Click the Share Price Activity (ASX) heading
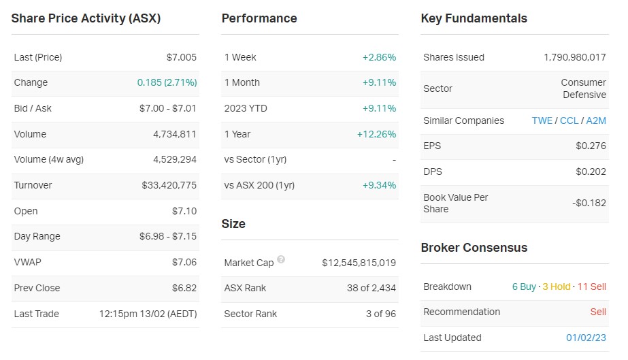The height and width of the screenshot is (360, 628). [x=86, y=18]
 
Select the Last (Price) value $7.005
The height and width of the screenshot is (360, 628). [x=181, y=57]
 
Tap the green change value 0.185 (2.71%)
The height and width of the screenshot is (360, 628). [x=167, y=82]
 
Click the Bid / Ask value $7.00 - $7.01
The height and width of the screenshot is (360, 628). [x=168, y=108]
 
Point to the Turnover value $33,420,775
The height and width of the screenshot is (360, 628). [x=169, y=185]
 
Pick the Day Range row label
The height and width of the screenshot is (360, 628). [x=37, y=236]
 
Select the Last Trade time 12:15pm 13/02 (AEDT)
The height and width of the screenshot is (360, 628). [x=148, y=314]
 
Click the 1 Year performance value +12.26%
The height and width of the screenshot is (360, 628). [x=376, y=134]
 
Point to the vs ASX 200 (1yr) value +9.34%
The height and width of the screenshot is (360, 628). [x=379, y=185]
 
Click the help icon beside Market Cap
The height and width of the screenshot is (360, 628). [x=281, y=260]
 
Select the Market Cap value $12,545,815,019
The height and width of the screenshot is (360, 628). [x=359, y=263]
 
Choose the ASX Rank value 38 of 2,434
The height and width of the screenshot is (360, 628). [x=371, y=288]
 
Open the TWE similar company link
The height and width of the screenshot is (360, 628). [x=542, y=120]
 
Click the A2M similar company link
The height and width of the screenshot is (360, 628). [x=595, y=120]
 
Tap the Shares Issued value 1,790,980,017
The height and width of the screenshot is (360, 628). [x=574, y=57]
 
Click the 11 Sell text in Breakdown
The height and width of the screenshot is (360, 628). [x=591, y=287]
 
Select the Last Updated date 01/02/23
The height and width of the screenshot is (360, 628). [x=586, y=338]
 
